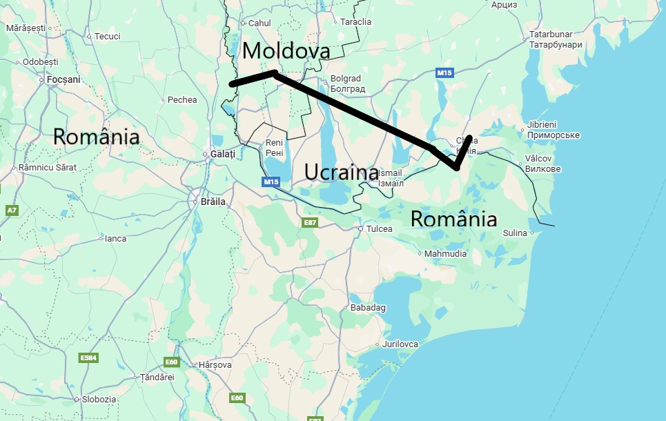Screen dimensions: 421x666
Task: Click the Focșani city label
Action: click(63, 79)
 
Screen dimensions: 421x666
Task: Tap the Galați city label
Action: click(222, 153)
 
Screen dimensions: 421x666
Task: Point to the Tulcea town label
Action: click(380, 228)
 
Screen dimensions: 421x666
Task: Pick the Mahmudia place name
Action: click(445, 253)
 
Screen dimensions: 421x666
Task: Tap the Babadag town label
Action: click(368, 307)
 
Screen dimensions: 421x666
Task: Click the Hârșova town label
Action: click(215, 364)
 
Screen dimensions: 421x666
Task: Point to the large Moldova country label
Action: click(286, 50)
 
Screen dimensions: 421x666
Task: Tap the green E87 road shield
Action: click(310, 222)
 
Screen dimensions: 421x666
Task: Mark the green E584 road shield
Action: click(88, 358)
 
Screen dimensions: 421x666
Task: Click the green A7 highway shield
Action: click(12, 209)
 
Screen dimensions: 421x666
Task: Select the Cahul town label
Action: click(259, 23)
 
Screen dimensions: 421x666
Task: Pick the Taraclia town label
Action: click(355, 21)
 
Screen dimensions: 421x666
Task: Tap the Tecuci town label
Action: click(107, 36)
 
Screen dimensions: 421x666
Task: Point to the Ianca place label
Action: click(115, 238)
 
